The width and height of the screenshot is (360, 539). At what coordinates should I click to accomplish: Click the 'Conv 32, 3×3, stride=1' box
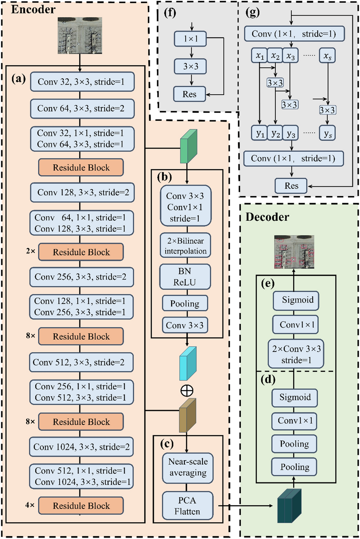pyautogui.click(x=82, y=82)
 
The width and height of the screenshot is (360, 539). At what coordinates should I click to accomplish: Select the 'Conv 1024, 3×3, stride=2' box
pyautogui.click(x=81, y=447)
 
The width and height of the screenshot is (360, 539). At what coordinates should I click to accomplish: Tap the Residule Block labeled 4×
pyautogui.click(x=81, y=505)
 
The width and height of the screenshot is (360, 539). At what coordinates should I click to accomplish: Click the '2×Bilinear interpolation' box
pyautogui.click(x=186, y=246)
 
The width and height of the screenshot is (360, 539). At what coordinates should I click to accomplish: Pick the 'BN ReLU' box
pyautogui.click(x=185, y=277)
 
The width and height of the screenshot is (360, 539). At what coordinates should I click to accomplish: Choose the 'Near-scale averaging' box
pyautogui.click(x=188, y=467)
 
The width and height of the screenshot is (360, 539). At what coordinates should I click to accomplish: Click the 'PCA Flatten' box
pyautogui.click(x=187, y=506)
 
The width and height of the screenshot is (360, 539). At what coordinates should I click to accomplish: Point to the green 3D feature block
pyautogui.click(x=188, y=146)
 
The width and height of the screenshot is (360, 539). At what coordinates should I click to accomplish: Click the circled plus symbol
pyautogui.click(x=187, y=391)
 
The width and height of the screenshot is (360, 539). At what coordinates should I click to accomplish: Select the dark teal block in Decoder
pyautogui.click(x=289, y=505)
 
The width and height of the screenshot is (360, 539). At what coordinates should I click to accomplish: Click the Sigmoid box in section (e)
pyautogui.click(x=296, y=300)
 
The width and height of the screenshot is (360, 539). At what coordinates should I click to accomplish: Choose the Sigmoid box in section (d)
pyautogui.click(x=294, y=397)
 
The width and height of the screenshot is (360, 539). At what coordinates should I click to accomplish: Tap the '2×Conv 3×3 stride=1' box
pyautogui.click(x=296, y=354)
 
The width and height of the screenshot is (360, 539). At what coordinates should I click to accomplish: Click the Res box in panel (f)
pyautogui.click(x=189, y=94)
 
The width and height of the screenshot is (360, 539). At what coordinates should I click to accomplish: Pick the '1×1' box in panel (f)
pyautogui.click(x=190, y=39)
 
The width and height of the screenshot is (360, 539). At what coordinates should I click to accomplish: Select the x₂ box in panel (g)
pyautogui.click(x=275, y=56)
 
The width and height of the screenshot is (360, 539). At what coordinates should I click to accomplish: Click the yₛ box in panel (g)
pyautogui.click(x=327, y=133)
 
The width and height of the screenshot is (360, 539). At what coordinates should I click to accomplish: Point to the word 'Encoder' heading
pyautogui.click(x=33, y=9)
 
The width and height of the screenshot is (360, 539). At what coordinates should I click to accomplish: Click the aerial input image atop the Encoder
pyautogui.click(x=80, y=35)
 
